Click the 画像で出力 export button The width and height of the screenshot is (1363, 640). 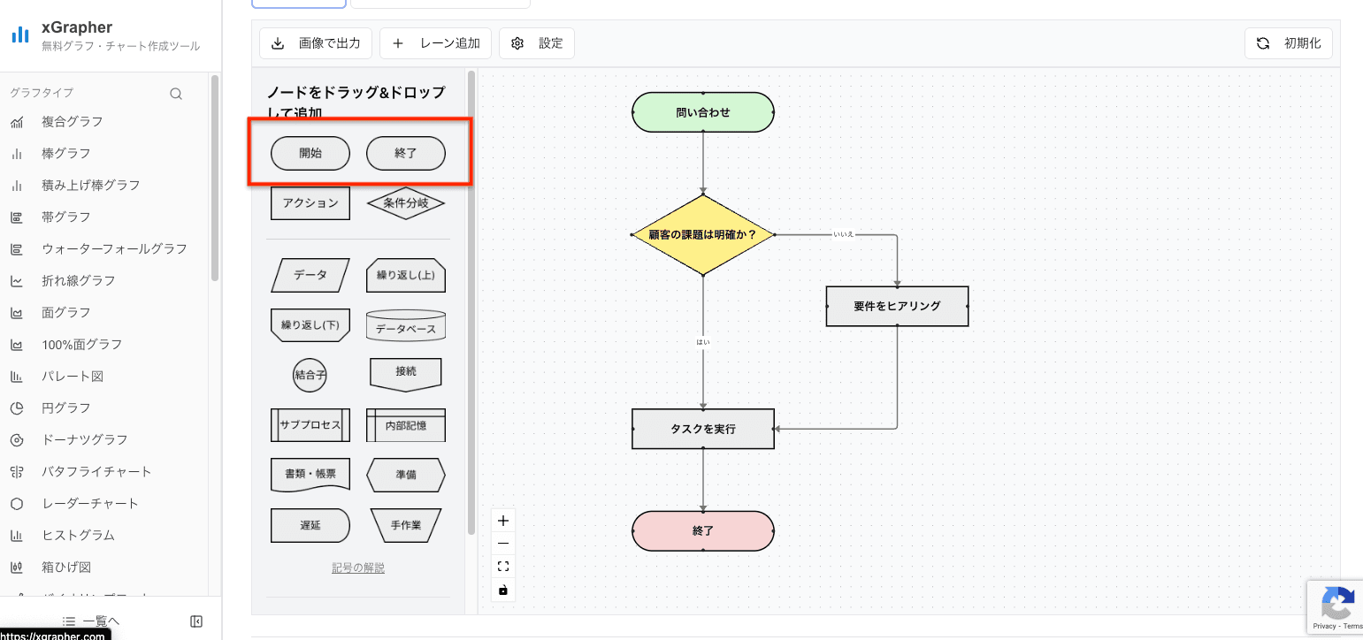coord(316,43)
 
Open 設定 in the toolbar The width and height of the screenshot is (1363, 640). coord(537,43)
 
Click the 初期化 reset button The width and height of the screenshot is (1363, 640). coord(1288,43)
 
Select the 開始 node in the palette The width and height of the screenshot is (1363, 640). coord(310,153)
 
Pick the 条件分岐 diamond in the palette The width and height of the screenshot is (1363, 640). coord(406,202)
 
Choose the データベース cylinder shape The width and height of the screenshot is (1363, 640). coord(406,326)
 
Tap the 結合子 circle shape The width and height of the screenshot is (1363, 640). coord(310,375)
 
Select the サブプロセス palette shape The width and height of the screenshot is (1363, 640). coord(310,424)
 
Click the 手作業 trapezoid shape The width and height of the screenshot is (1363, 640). coord(406,524)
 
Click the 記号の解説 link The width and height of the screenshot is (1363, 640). coord(358,568)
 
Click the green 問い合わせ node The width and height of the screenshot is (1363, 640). coord(703,112)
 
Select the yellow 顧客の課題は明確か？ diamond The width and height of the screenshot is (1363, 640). coord(703,235)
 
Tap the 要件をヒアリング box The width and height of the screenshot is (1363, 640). coord(897,306)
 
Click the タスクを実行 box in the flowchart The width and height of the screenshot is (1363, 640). coord(703,429)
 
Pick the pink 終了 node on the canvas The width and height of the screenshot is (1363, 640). coord(703,531)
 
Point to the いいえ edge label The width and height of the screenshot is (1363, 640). coord(843,235)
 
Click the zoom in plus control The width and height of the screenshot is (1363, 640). coord(503,521)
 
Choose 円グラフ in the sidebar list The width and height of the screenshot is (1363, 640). coord(65,408)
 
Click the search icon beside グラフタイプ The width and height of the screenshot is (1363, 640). coord(176,94)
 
